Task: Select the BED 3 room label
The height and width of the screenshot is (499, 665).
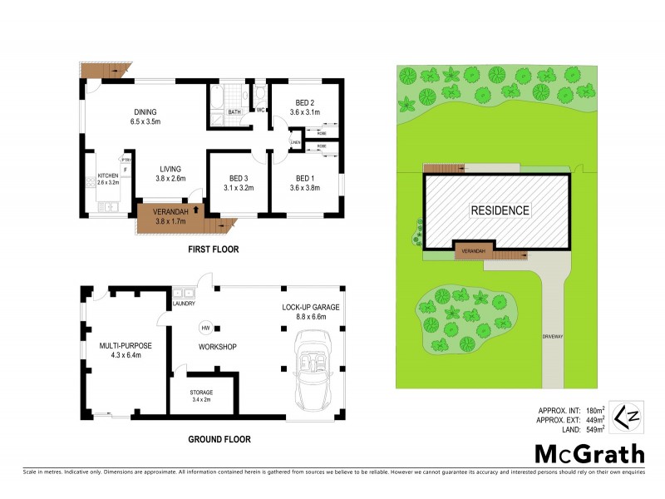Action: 237,178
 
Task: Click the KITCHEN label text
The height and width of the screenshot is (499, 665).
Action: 108,175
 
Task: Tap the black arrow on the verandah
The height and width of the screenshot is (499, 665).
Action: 196,210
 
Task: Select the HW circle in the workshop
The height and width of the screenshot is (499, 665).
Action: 204,328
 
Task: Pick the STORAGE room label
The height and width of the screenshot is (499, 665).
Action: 201,393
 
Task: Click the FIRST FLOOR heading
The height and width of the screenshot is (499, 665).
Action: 214,249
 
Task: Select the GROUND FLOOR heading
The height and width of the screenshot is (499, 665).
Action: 219,439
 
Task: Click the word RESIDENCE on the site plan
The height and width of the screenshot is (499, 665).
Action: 500,210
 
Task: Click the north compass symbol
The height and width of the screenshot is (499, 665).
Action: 626,414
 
